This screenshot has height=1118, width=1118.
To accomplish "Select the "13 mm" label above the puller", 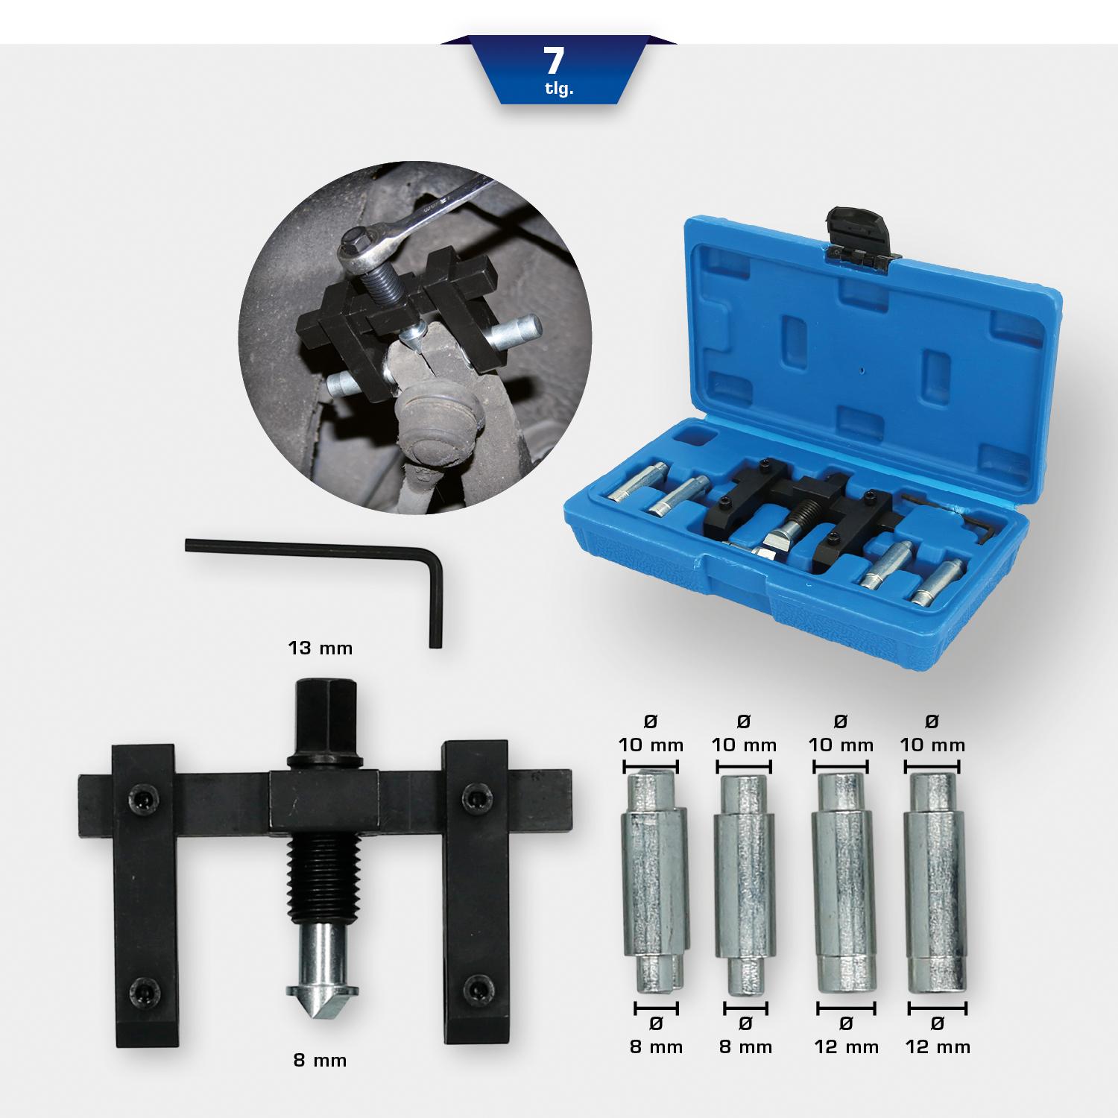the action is click(320, 648).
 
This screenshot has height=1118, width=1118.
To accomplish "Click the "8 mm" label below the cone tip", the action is click(320, 1060).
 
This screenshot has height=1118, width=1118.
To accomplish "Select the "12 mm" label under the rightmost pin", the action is click(938, 1047).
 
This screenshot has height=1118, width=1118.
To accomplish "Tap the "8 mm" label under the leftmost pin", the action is click(656, 1047).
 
